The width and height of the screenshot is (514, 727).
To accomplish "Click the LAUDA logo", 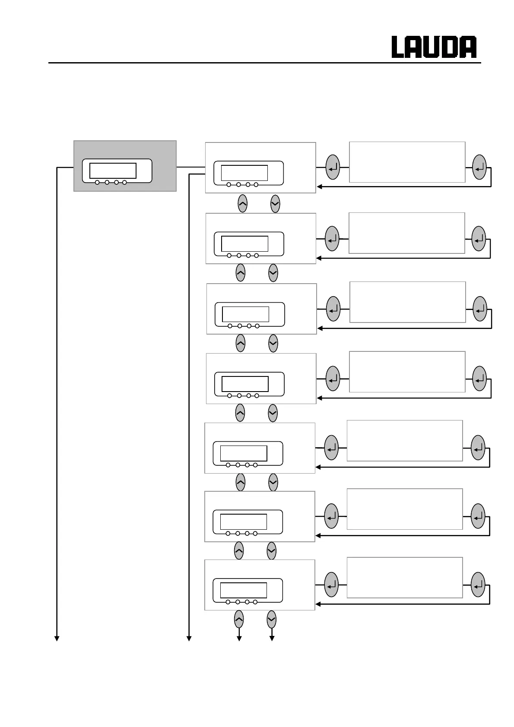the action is point(434,47).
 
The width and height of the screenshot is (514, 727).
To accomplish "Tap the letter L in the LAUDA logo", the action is point(398,47).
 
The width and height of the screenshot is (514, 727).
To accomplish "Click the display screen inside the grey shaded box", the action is point(113,171).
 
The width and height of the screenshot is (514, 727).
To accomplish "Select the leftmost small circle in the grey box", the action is point(97,183).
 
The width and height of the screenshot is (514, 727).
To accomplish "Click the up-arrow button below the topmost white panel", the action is point(243,203).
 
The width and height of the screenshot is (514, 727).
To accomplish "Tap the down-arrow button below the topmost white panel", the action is point(275,203).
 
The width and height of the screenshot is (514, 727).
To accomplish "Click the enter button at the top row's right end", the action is point(479,168).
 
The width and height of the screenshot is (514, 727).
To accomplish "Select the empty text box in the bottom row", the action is point(405,578).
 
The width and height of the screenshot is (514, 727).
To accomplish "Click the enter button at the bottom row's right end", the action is point(478,585).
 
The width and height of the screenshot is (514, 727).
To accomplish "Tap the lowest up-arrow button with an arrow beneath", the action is point(239,620).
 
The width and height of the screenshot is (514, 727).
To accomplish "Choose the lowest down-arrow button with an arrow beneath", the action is point(271,620).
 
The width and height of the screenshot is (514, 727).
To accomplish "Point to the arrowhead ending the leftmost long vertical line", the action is point(57,638).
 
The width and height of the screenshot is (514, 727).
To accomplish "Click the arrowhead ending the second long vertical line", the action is point(189,638).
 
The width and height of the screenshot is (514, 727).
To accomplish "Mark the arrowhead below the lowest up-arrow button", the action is point(239,638).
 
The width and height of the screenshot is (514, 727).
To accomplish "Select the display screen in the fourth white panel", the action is point(245,384).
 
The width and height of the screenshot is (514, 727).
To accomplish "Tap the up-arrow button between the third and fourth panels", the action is point(241,343).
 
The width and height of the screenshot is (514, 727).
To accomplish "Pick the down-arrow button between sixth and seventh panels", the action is point(271,551).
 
